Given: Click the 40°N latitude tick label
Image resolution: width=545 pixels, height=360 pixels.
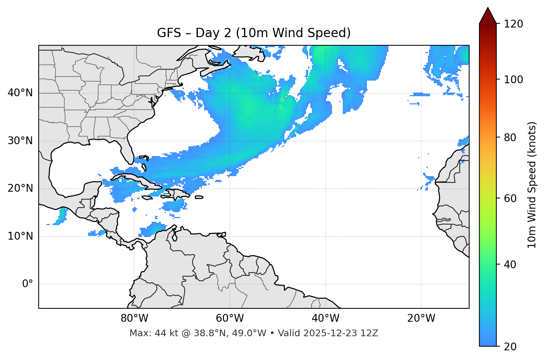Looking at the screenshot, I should click(x=20, y=93).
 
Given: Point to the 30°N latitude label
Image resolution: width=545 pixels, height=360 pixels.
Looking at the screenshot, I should click(x=20, y=141).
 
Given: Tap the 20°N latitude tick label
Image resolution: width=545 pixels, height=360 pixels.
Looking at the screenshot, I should click(x=20, y=188).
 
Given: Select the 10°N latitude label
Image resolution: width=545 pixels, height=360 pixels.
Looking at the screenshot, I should click(x=20, y=236).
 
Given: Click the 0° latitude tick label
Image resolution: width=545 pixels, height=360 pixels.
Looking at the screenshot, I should click(x=27, y=284).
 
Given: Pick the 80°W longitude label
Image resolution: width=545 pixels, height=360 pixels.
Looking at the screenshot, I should click(x=134, y=318).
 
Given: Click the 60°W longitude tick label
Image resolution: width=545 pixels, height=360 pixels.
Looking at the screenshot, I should click(x=230, y=318).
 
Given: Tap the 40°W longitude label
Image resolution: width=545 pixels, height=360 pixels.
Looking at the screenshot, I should click(x=325, y=318).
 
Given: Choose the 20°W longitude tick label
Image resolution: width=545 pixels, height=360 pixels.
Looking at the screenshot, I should click(x=421, y=318).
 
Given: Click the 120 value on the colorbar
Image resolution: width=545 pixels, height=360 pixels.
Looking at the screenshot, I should click(x=513, y=24).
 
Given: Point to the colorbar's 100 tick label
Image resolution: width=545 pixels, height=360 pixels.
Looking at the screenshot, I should click(x=513, y=80).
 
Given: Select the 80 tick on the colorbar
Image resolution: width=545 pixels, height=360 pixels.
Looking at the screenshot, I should click(x=510, y=137).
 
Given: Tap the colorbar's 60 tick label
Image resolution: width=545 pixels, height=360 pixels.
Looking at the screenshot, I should click(x=510, y=198).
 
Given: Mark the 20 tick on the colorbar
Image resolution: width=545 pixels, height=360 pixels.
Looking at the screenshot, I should click(x=510, y=347).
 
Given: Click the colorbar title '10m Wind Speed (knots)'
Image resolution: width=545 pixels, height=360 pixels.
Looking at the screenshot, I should click(x=532, y=185).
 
